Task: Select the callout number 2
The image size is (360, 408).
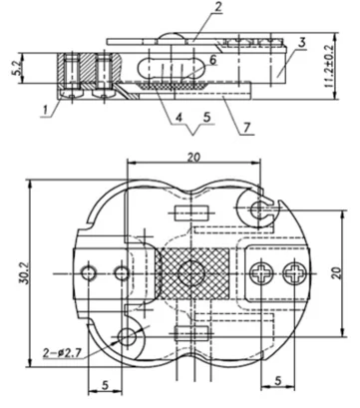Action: pos(217,7)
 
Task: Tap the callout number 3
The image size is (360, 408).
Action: pos(302,43)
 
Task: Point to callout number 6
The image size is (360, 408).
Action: pos(212,60)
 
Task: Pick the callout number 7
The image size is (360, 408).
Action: pos(247,128)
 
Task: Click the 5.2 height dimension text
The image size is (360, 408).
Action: pos(19,68)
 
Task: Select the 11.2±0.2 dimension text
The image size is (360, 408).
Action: pos(329,66)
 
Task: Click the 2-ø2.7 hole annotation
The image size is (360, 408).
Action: pos(62,353)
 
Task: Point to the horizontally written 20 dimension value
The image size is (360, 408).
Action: pos(193,157)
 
